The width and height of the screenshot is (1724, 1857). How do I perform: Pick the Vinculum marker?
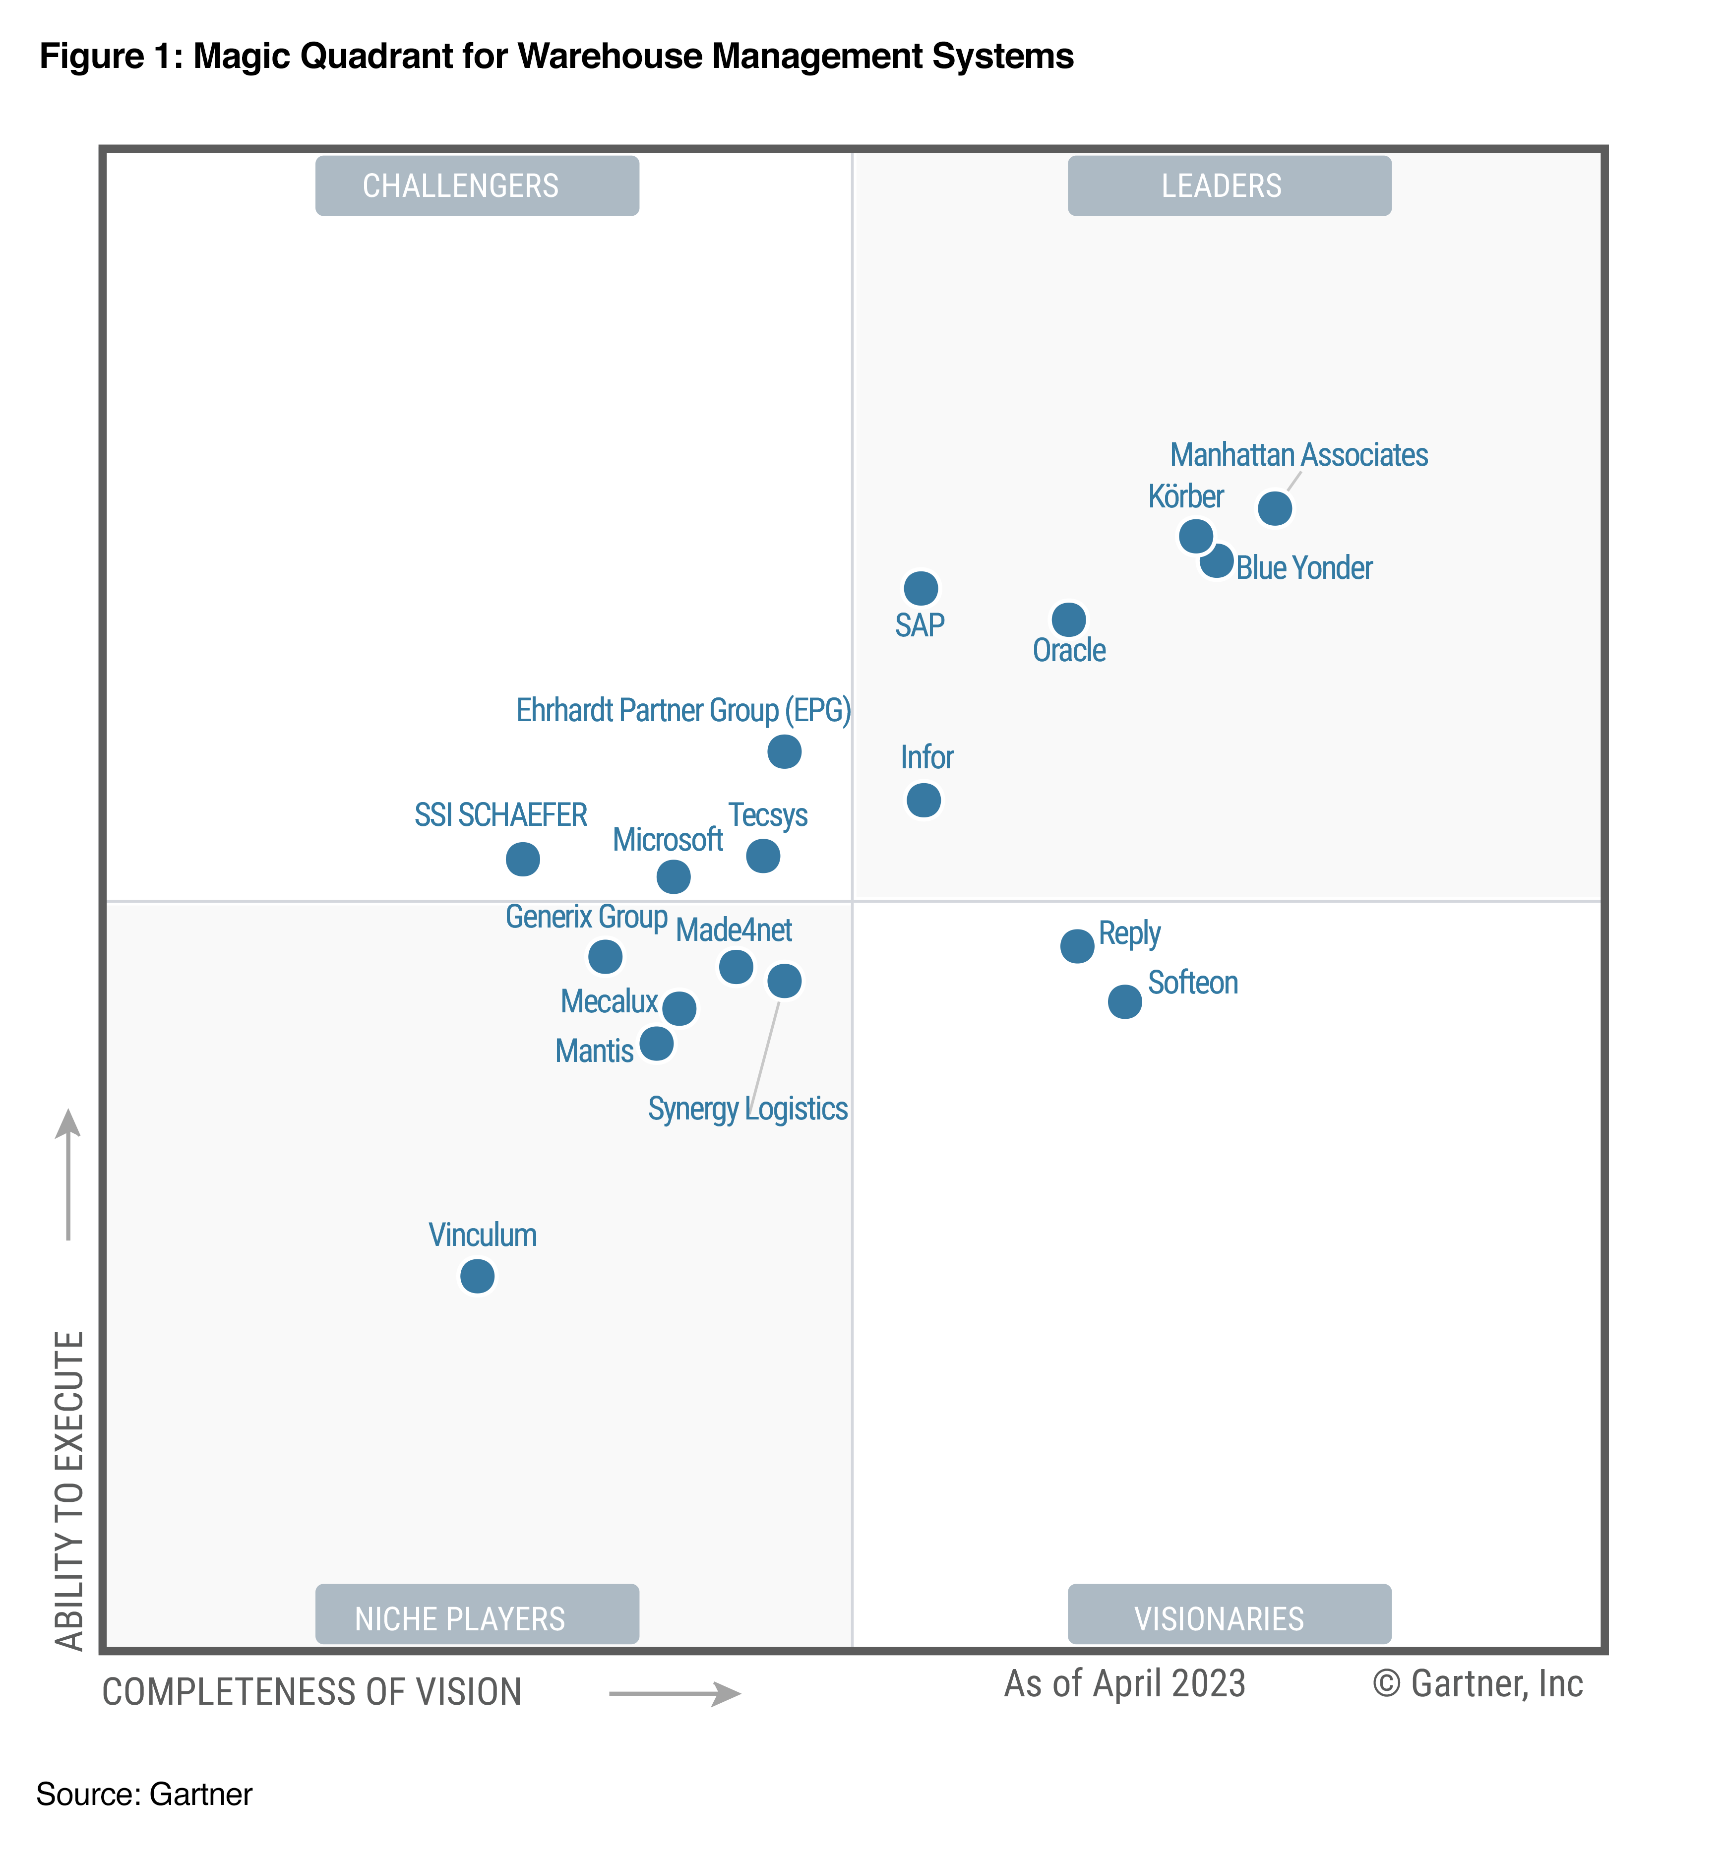[x=478, y=1276]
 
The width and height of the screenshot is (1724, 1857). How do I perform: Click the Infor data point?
[x=924, y=800]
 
